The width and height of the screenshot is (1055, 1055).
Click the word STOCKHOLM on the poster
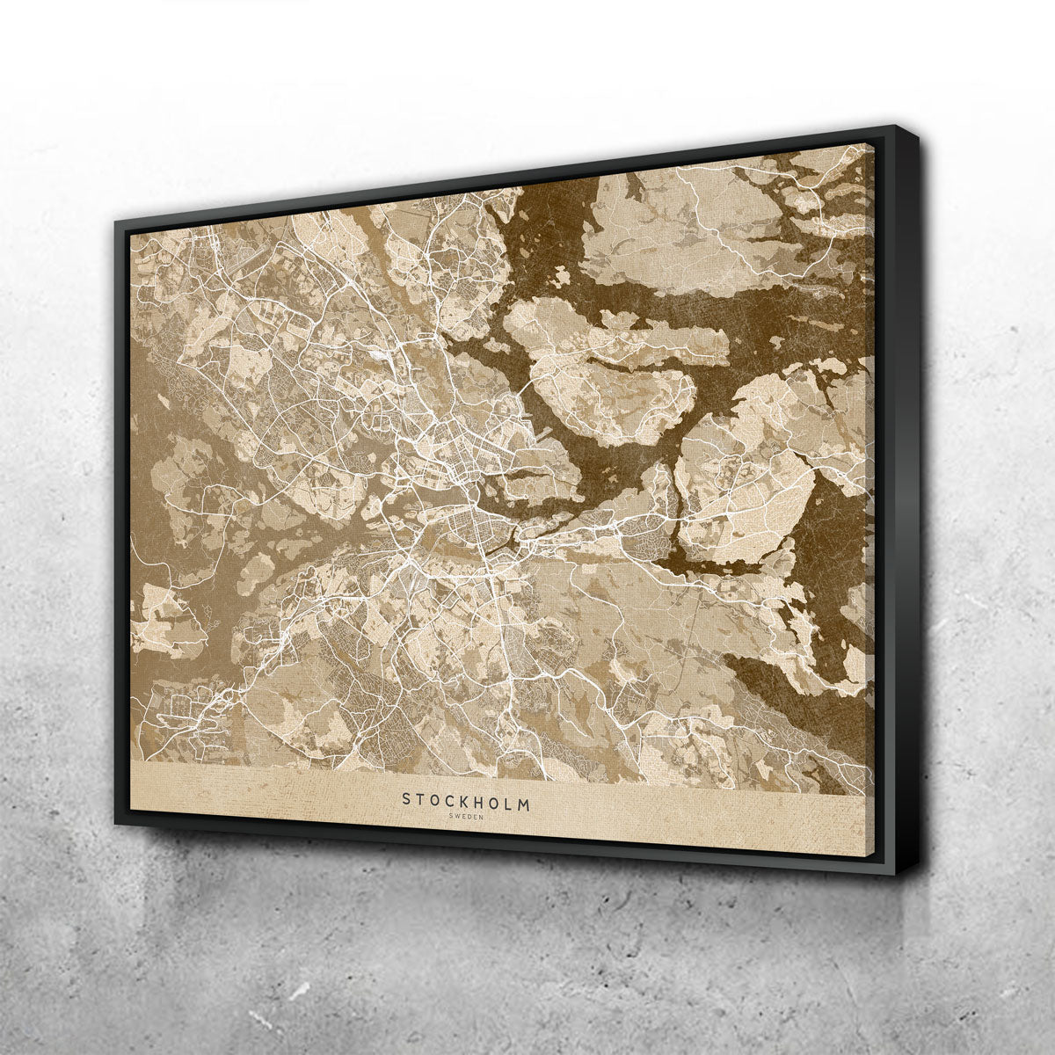tap(466, 802)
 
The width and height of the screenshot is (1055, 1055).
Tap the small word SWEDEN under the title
tap(466, 817)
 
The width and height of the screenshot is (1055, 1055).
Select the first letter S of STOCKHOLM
tap(406, 798)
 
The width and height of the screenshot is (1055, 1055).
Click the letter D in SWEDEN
tap(469, 817)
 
